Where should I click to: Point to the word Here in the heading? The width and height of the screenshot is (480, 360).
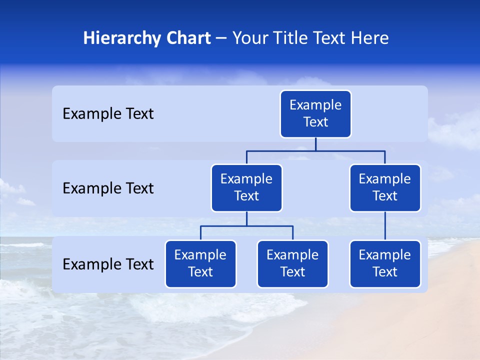click(369, 38)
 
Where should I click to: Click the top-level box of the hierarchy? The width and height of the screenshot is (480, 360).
click(315, 114)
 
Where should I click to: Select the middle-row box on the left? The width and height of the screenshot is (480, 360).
click(246, 187)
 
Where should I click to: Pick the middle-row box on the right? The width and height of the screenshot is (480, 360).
click(385, 187)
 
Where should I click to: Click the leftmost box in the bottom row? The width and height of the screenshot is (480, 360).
click(200, 263)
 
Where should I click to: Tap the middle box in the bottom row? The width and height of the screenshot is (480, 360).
click(292, 263)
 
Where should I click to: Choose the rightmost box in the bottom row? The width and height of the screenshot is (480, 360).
click(385, 263)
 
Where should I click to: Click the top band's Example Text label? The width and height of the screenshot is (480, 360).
click(108, 114)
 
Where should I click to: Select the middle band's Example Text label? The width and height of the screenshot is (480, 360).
click(108, 188)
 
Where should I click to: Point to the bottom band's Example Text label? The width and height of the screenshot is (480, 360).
click(108, 264)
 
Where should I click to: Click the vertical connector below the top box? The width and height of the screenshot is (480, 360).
click(315, 144)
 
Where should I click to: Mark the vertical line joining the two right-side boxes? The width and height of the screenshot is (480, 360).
click(385, 226)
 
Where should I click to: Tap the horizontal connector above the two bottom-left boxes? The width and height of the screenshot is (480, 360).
click(246, 226)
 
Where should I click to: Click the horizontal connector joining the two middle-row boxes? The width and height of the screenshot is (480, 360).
click(315, 150)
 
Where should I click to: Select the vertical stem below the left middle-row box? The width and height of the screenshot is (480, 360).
click(246, 218)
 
